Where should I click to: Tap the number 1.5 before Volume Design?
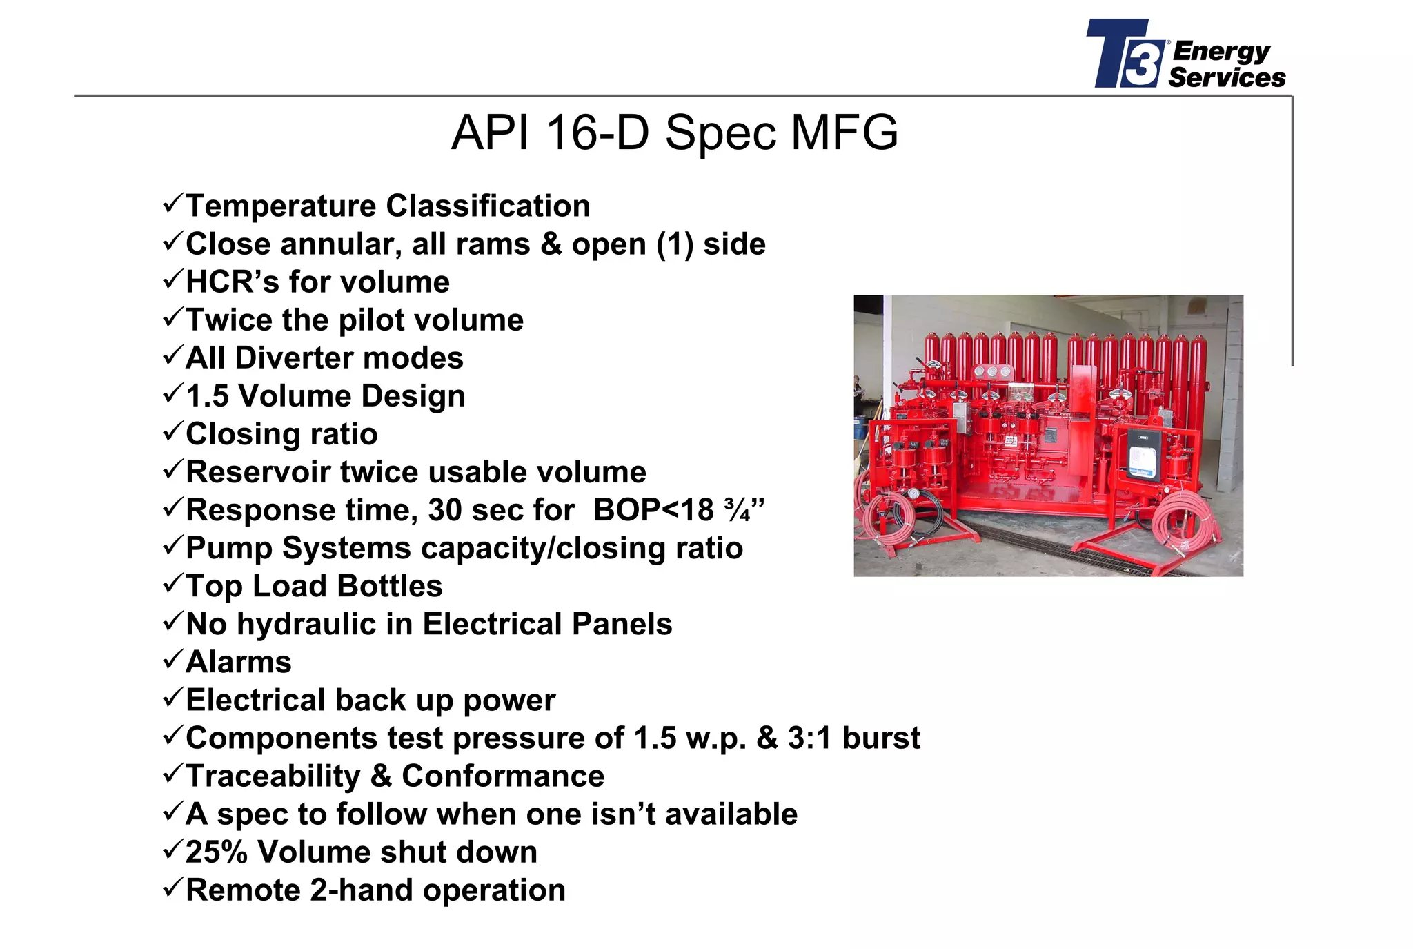click(207, 396)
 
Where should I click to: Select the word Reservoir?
click(258, 472)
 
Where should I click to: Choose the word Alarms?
click(239, 662)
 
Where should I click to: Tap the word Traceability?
click(273, 776)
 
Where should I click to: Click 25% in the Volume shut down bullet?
click(216, 852)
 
